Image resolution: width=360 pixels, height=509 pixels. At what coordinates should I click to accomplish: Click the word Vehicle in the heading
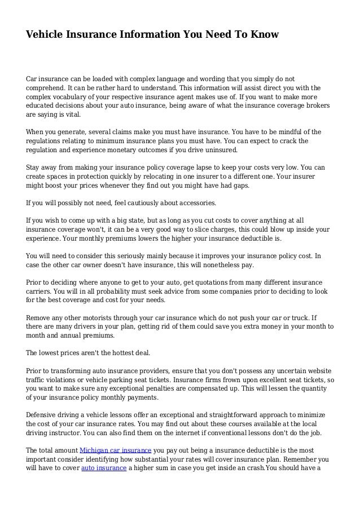point(45,35)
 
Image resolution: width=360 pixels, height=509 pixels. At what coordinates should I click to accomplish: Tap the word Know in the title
point(264,35)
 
